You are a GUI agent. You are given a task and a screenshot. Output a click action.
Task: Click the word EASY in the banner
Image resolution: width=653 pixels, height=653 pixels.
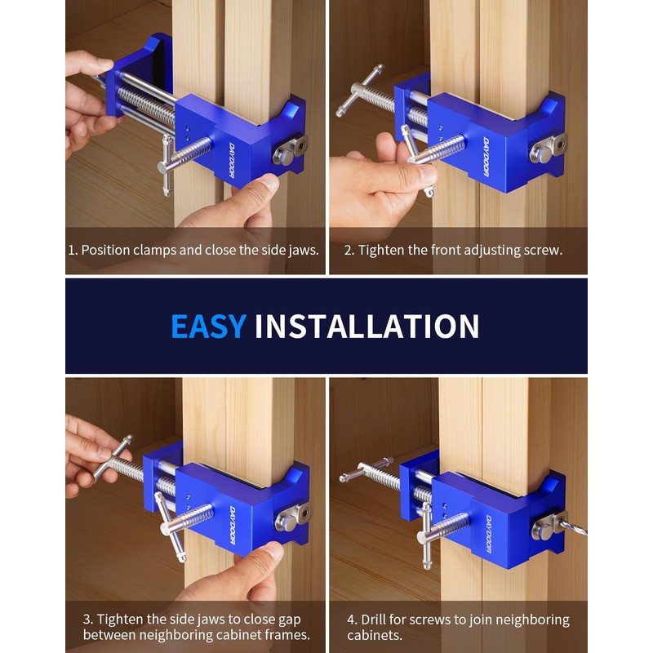click(x=208, y=326)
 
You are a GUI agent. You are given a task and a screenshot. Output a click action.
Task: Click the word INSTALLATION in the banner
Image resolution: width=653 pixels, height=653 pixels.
click(x=366, y=326)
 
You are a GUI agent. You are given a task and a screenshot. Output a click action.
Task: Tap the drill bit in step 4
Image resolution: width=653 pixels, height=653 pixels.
click(x=573, y=526)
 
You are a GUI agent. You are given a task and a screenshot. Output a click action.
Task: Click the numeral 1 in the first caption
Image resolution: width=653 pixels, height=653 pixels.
click(x=72, y=250)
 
